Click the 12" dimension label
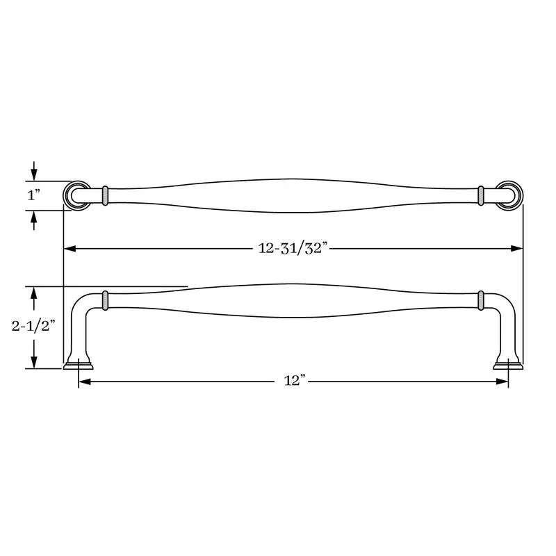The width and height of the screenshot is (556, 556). coord(295,381)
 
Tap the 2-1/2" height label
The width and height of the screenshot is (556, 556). coord(33,326)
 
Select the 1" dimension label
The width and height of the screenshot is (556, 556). coord(33,195)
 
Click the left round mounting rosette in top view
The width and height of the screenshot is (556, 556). coord(77,195)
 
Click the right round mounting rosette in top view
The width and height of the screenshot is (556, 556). coord(509,195)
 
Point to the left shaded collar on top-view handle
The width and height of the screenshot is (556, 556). coord(105,195)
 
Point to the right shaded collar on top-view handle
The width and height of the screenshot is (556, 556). coord(481,195)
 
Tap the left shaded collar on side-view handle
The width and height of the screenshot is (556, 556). coord(105,300)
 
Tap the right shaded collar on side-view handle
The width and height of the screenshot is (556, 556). coord(481,300)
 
